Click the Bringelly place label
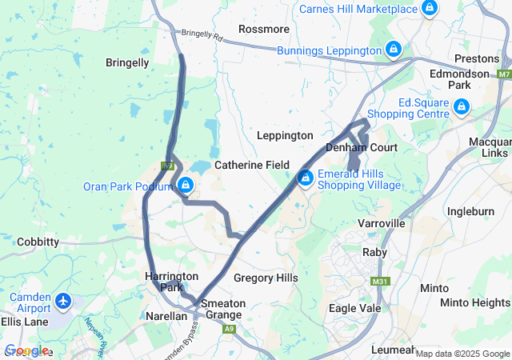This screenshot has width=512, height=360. click(x=127, y=62)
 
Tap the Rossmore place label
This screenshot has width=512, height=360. click(x=264, y=29)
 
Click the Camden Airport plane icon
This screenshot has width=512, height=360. click(x=64, y=302)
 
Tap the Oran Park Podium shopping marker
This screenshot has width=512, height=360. click(x=186, y=186)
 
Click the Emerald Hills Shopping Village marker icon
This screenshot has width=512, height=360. click(x=305, y=178)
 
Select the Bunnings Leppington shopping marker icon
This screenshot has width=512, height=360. click(x=393, y=50)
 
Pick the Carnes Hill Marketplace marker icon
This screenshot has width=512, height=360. click(x=430, y=9)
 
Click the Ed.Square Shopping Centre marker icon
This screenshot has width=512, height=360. click(x=461, y=106)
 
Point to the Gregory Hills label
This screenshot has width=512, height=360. click(x=266, y=278)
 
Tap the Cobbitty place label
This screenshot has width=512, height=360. click(x=38, y=242)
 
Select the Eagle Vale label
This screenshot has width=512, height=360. click(x=354, y=307)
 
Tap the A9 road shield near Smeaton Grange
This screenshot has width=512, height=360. click(x=230, y=329)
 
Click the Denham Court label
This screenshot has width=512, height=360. click(x=362, y=148)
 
